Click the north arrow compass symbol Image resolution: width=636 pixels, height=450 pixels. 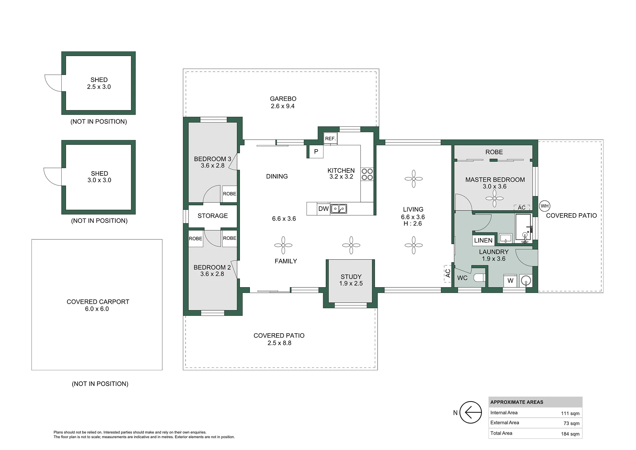tap(471, 413)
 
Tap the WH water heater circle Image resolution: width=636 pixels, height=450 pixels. tap(545, 206)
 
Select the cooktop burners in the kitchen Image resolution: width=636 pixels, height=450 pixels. tap(367, 174)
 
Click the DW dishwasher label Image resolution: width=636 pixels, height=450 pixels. tap(323, 209)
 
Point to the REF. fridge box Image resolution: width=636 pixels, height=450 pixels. tap(330, 139)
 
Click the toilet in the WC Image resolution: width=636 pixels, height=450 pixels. tap(480, 278)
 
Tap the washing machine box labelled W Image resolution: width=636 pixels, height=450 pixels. tap(510, 281)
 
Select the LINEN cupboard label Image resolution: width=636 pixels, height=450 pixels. tap(483, 240)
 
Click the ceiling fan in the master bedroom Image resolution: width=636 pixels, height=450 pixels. tap(494, 198)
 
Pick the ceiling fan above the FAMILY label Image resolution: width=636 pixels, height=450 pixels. tap(283, 245)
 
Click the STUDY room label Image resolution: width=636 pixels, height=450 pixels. tap(351, 277)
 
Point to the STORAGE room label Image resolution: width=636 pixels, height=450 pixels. tap(213, 216)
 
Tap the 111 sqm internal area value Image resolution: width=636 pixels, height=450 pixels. tap(570, 413)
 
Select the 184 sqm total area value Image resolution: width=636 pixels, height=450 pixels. tap(570, 434)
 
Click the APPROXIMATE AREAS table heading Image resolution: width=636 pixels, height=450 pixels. tap(517, 402)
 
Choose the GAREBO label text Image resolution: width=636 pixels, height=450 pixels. tap(283, 99)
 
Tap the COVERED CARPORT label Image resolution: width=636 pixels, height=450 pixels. tap(98, 302)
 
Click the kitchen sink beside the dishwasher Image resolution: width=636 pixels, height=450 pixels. tap(339, 209)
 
